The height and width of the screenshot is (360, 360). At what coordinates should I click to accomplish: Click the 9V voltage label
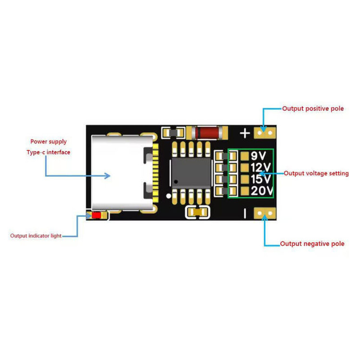(x=258, y=156)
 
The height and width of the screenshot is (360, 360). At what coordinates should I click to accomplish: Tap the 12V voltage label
(x=261, y=168)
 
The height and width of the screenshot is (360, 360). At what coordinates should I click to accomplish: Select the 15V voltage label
(x=261, y=179)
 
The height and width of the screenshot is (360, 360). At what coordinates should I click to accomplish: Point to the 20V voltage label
(x=262, y=191)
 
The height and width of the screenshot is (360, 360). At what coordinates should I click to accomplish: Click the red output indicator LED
(x=96, y=216)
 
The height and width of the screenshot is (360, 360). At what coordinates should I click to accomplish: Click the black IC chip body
(x=191, y=173)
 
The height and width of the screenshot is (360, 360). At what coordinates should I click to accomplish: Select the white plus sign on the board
(x=245, y=133)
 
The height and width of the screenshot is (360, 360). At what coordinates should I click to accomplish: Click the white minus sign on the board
(x=245, y=213)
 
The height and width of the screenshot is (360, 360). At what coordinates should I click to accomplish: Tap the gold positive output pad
(x=264, y=133)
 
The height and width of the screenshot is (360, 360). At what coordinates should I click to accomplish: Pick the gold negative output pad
(x=264, y=213)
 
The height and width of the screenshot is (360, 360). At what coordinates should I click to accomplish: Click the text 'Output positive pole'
(x=313, y=108)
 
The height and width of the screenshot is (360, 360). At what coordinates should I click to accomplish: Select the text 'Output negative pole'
(x=312, y=243)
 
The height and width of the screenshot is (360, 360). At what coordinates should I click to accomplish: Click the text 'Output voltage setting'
(x=316, y=173)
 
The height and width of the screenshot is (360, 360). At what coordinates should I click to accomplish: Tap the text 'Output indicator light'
(x=36, y=236)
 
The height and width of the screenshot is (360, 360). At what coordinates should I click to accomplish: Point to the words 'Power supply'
(x=48, y=142)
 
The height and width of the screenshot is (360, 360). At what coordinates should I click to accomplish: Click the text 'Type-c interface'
(x=48, y=152)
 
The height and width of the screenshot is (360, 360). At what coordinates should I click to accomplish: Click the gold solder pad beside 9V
(x=245, y=156)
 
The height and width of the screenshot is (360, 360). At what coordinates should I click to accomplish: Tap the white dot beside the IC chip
(x=169, y=196)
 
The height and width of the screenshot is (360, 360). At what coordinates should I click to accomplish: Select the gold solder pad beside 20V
(x=245, y=191)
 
